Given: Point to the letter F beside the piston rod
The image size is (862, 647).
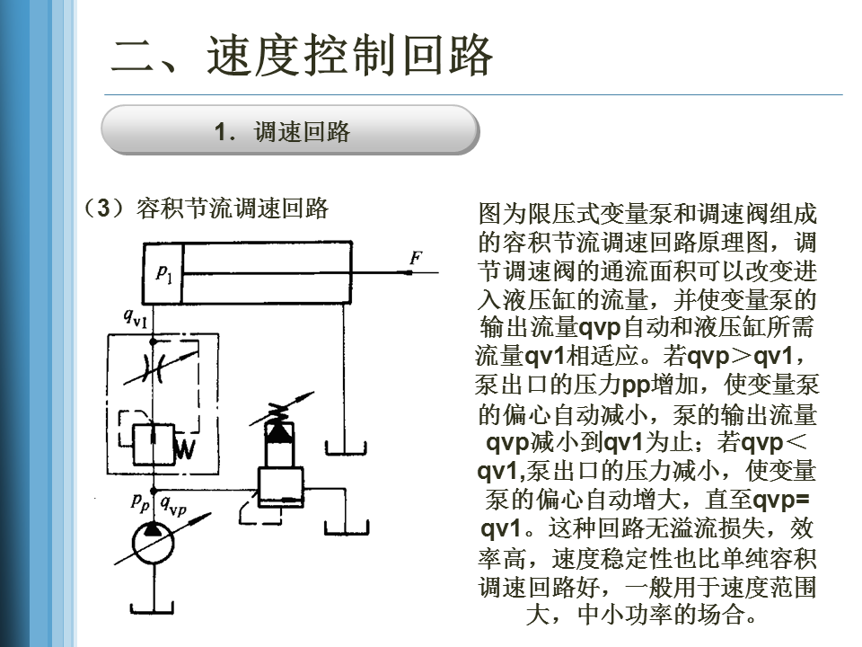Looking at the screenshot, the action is [x=415, y=258].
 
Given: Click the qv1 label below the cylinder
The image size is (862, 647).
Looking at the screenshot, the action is [x=136, y=317].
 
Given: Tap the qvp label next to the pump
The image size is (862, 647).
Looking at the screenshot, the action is [x=173, y=507].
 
